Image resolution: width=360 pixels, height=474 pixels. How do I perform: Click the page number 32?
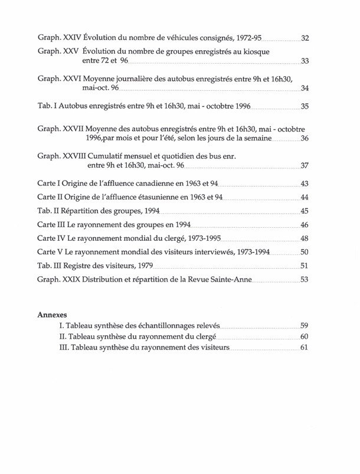tap(305, 38)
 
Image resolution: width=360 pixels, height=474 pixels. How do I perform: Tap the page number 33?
tap(305, 61)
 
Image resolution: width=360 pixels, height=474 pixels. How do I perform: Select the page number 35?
tap(305, 107)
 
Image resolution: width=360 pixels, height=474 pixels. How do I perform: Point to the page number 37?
tap(305, 166)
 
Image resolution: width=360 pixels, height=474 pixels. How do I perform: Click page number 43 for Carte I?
tap(305, 184)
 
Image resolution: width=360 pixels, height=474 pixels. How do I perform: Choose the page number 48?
tap(305, 238)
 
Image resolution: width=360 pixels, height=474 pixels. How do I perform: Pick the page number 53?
tap(305, 280)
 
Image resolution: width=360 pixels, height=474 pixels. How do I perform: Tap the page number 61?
tap(305, 348)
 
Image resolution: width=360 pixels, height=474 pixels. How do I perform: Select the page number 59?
tap(305, 325)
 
